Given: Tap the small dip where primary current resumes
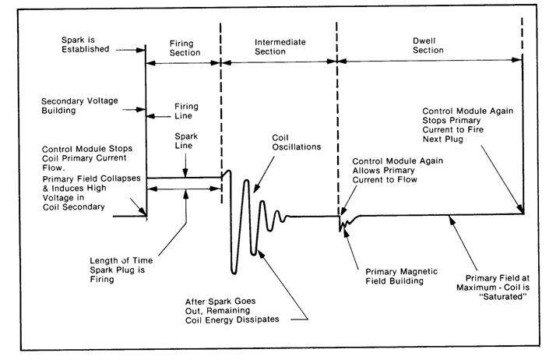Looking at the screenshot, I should click(340, 228).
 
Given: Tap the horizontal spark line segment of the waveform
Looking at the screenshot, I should click(184, 178).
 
